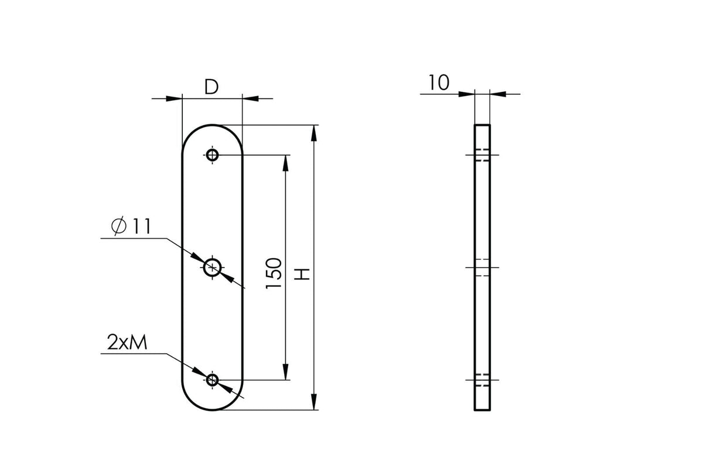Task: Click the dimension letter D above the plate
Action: click(x=211, y=87)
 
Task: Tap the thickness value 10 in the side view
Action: click(x=439, y=83)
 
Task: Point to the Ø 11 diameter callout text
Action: click(x=131, y=225)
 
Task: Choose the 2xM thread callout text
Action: click(x=127, y=343)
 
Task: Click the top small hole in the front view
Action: click(x=213, y=155)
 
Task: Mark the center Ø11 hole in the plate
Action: click(x=213, y=268)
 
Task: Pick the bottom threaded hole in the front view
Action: click(x=213, y=380)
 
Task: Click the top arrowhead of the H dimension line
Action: click(x=314, y=133)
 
